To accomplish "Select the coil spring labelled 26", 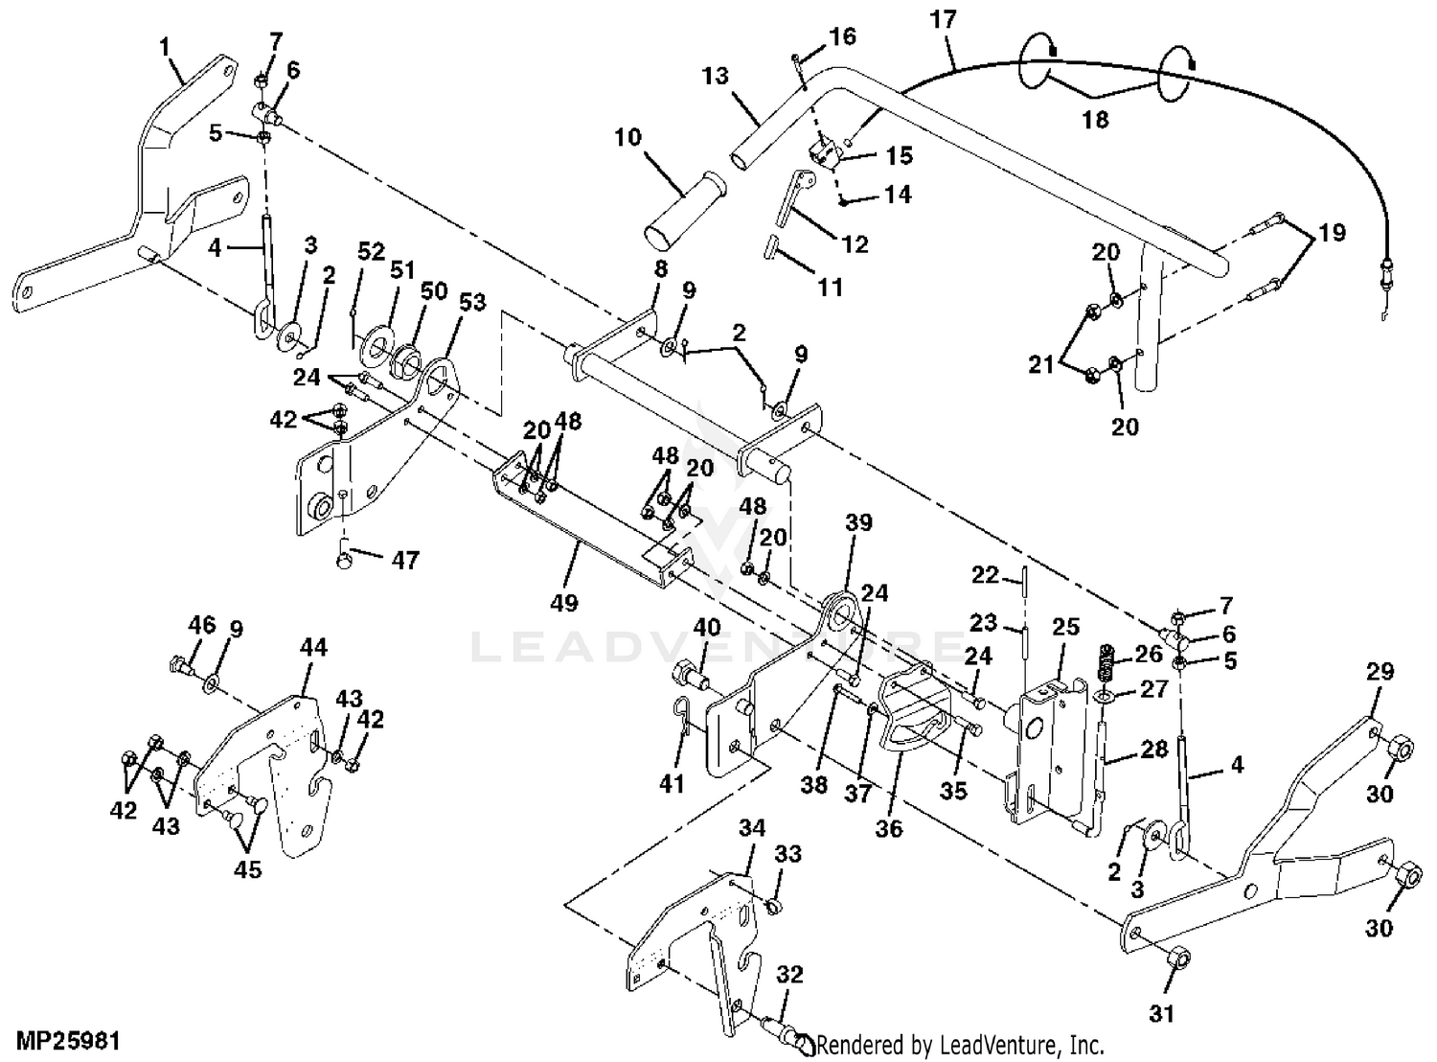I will (1106, 660).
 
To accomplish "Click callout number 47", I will (406, 560).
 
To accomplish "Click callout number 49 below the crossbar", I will (564, 603).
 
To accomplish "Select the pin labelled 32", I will (786, 1031).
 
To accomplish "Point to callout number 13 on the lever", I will (716, 77).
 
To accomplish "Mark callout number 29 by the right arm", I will (1380, 672).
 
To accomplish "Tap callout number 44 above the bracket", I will (313, 648).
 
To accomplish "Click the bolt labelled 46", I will (179, 663).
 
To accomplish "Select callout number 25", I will (1065, 628).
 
